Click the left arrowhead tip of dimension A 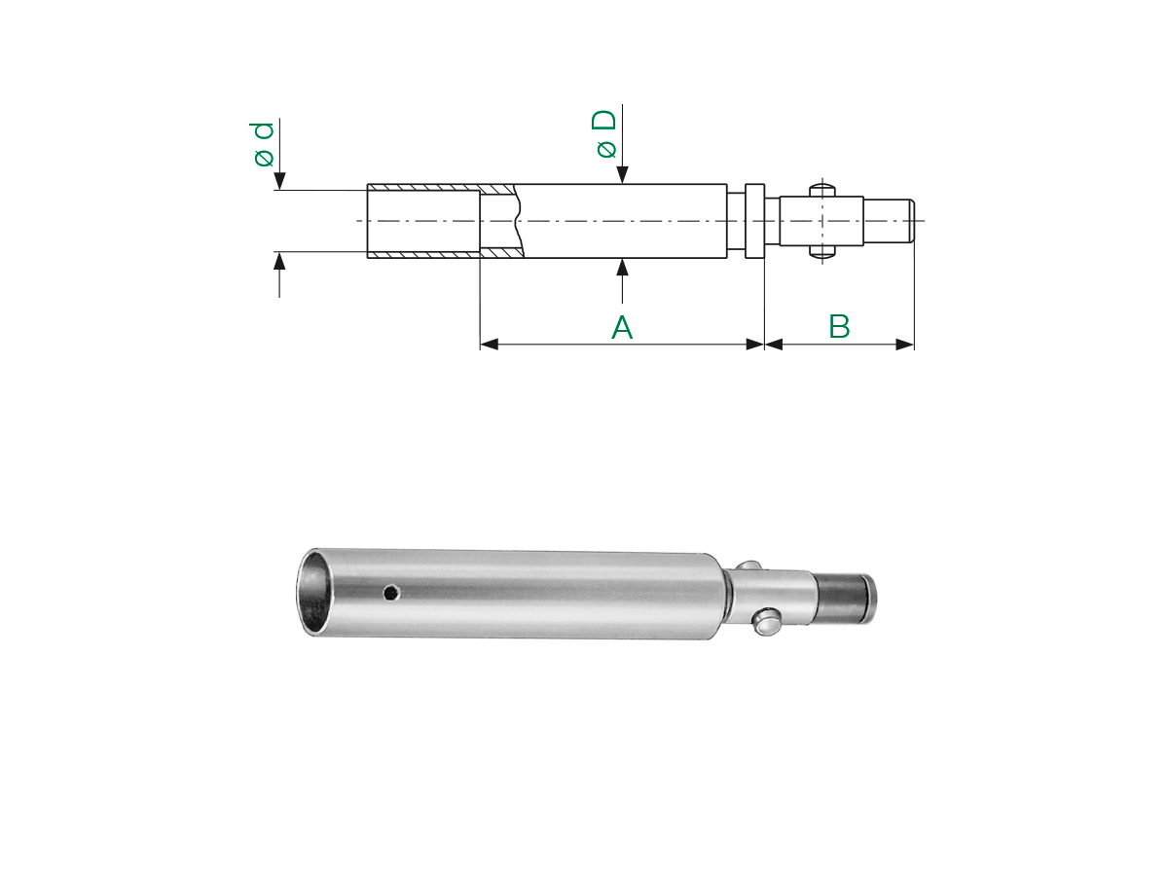pyautogui.click(x=481, y=345)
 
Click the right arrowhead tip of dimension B pyautogui.click(x=914, y=345)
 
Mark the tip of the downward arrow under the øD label pyautogui.click(x=622, y=184)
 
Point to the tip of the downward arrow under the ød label pyautogui.click(x=280, y=190)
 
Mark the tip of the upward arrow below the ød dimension pyautogui.click(x=280, y=252)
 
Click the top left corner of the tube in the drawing pyautogui.click(x=367, y=185)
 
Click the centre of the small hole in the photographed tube pyautogui.click(x=392, y=592)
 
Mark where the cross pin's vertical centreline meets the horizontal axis pyautogui.click(x=822, y=221)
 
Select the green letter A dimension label pyautogui.click(x=622, y=328)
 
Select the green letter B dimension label pyautogui.click(x=839, y=327)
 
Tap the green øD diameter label pyautogui.click(x=604, y=134)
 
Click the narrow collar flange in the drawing pyautogui.click(x=754, y=221)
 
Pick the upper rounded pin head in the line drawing pyautogui.click(x=822, y=190)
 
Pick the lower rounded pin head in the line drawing pyautogui.click(x=822, y=252)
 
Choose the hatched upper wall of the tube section pyautogui.click(x=441, y=188)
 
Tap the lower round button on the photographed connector pyautogui.click(x=767, y=623)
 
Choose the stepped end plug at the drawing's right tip pyautogui.click(x=889, y=221)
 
